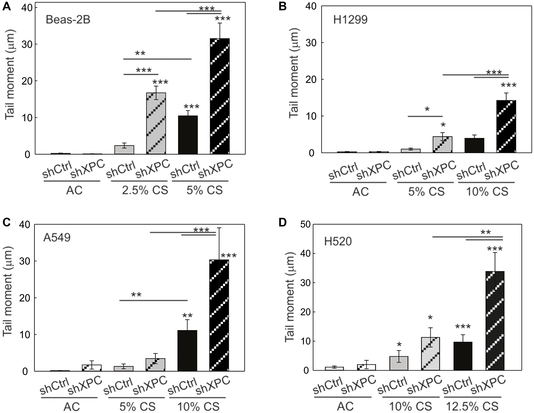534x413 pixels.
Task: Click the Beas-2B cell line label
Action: click(68, 20)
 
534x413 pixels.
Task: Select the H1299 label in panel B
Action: click(350, 20)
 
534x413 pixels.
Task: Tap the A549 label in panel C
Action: click(57, 237)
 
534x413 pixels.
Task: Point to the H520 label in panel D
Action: click(338, 241)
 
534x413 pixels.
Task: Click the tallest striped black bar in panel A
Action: click(219, 96)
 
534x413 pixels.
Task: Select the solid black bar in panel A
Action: click(188, 135)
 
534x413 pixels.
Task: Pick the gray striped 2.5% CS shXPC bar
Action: click(156, 123)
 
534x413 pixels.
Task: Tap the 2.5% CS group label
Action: click(145, 190)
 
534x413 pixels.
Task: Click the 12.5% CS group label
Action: click(472, 406)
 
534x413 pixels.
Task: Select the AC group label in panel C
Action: click(72, 407)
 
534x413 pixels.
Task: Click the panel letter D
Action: click(282, 222)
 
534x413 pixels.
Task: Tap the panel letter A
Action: click(7, 6)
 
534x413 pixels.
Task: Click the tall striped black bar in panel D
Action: click(495, 321)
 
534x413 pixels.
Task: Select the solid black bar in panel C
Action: click(187, 351)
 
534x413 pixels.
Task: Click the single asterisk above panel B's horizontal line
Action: click(427, 109)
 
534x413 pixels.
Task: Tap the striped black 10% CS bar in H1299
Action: click(506, 126)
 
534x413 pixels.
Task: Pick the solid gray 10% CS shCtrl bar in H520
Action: click(398, 363)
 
